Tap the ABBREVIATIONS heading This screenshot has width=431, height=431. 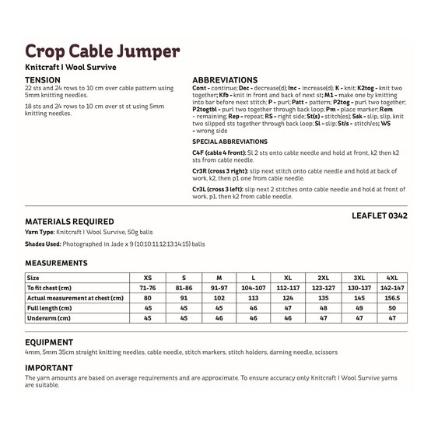pyautogui.click(x=225, y=80)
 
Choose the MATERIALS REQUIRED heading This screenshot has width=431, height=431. pyautogui.click(x=69, y=222)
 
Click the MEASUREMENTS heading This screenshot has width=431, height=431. pyautogui.click(x=56, y=263)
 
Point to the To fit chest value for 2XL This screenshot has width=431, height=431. pyautogui.click(x=322, y=288)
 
